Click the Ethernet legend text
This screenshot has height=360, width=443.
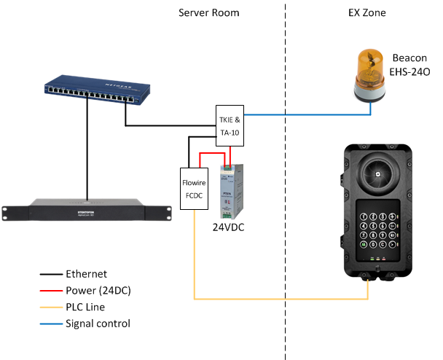[87, 275]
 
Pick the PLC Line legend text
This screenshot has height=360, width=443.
[85, 307]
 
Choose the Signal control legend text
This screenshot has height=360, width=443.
[98, 323]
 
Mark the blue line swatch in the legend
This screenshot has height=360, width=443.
[50, 323]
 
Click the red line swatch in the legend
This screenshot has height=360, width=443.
[50, 291]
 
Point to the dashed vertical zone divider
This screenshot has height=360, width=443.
[285, 182]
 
